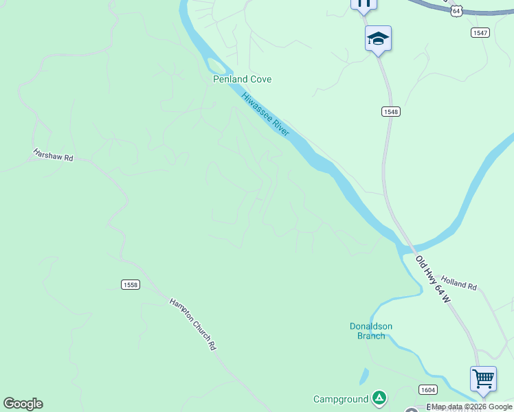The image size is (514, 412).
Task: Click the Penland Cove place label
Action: tap(242, 79)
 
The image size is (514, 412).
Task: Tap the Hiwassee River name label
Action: tap(266, 114)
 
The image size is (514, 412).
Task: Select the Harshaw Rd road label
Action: tap(53, 154)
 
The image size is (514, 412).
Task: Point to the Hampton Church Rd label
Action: tap(193, 324)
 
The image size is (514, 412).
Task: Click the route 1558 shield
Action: tap(130, 284)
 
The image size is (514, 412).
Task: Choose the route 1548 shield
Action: tap(391, 111)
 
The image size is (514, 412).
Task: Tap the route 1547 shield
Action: tap(480, 33)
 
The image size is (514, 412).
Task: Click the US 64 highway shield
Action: tap(457, 11)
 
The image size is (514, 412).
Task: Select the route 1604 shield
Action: tap(427, 389)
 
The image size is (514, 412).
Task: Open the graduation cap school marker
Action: tap(378, 38)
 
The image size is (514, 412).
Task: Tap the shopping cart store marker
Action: tap(483, 378)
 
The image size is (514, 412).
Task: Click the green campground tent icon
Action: tap(379, 397)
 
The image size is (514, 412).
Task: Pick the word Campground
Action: tap(342, 399)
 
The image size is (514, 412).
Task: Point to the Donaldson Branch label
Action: tap(371, 331)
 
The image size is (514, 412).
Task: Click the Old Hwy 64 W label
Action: tap(434, 279)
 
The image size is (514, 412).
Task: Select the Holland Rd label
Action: tap(459, 282)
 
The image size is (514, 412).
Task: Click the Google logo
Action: tap(23, 404)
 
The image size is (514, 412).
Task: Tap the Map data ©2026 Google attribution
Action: tap(471, 407)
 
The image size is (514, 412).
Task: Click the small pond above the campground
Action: tap(364, 376)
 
